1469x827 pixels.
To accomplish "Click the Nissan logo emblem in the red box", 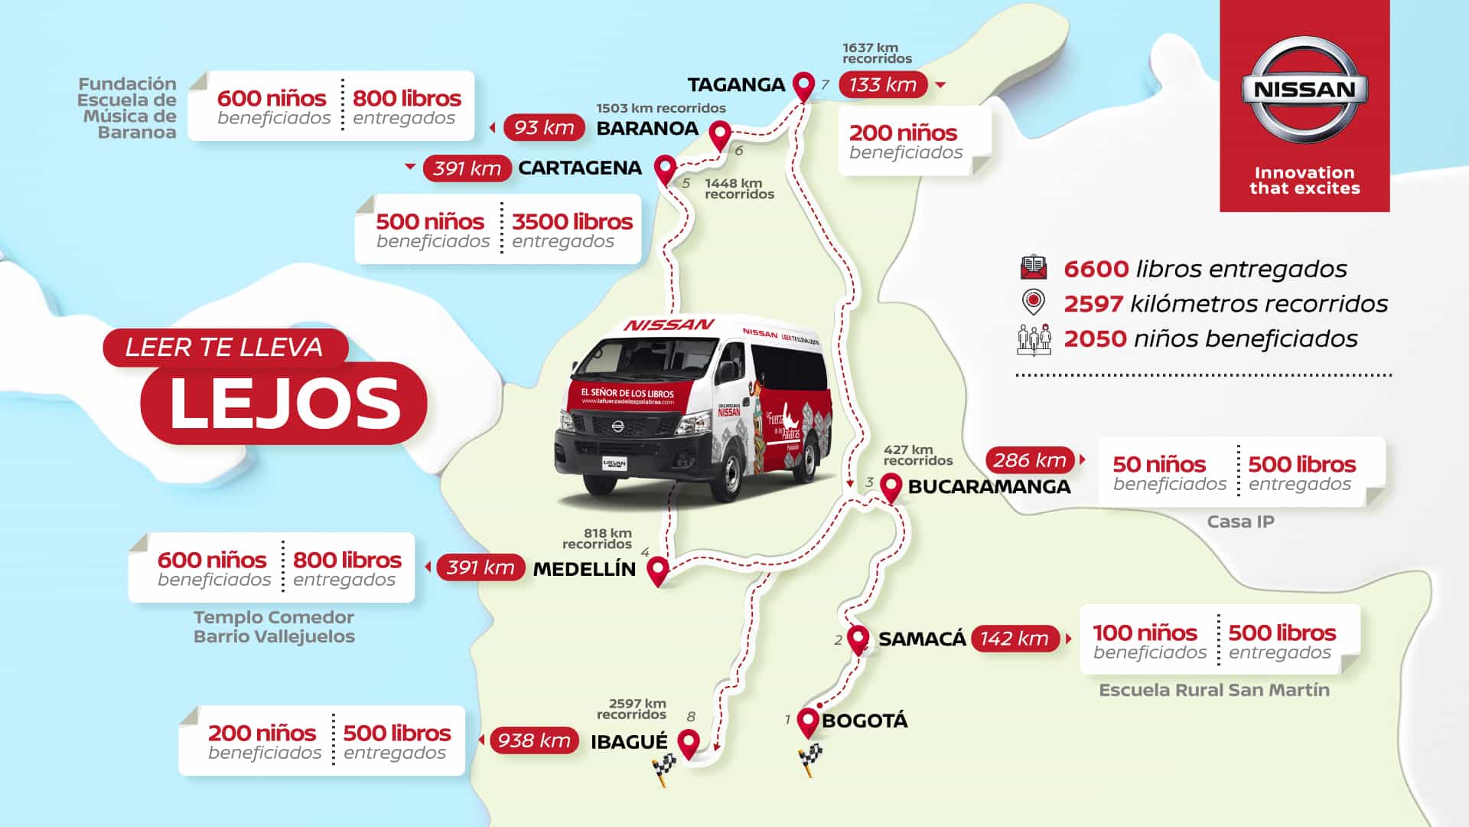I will [x=1305, y=90].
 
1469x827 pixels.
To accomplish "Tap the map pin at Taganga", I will [x=803, y=86].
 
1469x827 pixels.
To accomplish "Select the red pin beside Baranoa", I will [x=719, y=136].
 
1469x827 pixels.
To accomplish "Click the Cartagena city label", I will [x=580, y=168].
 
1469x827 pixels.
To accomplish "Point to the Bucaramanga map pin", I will [x=891, y=486].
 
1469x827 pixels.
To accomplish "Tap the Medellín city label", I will [x=584, y=569].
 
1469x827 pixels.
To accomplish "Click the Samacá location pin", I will [x=858, y=639].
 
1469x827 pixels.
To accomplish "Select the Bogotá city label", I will [x=865, y=721].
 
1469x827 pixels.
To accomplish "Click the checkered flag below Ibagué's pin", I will [x=664, y=769].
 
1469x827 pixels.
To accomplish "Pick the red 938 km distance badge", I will [x=534, y=740].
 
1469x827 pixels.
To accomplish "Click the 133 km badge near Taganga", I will [x=883, y=85].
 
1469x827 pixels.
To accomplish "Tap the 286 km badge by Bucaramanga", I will [x=1030, y=460].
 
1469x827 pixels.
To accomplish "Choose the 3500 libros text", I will [x=572, y=222].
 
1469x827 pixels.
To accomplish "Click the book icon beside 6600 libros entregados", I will [x=1034, y=267].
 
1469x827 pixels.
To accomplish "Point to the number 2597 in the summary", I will [x=1093, y=304].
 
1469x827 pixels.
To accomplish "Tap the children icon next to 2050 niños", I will [x=1034, y=339].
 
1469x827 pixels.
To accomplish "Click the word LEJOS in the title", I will [x=285, y=404].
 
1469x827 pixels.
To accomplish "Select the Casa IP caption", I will [x=1240, y=521].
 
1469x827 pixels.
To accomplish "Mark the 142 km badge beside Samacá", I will [x=1015, y=639].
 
